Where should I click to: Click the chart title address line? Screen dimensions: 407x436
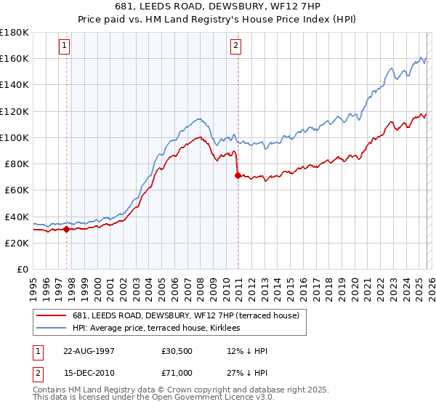218,5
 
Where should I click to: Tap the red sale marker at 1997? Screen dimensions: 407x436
67,229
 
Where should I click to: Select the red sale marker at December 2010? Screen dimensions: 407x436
238,175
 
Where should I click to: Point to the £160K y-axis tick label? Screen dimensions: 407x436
15,58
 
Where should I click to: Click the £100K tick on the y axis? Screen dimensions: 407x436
15,137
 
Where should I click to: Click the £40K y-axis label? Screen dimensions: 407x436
17,217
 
